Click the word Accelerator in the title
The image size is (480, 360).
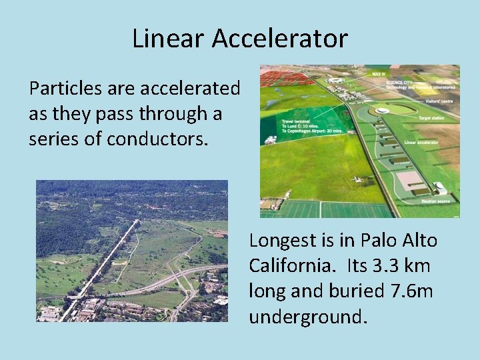coord(280,39)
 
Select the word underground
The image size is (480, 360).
coord(307,317)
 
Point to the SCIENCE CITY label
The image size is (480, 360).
coord(400,82)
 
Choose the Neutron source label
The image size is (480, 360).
coord(434,201)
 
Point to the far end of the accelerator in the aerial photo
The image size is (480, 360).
coord(138,221)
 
